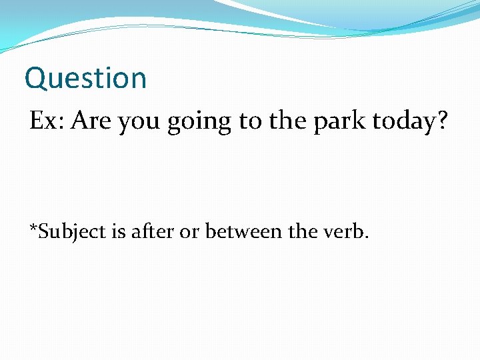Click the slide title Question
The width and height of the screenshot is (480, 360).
point(85,78)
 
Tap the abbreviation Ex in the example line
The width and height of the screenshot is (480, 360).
point(42,121)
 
